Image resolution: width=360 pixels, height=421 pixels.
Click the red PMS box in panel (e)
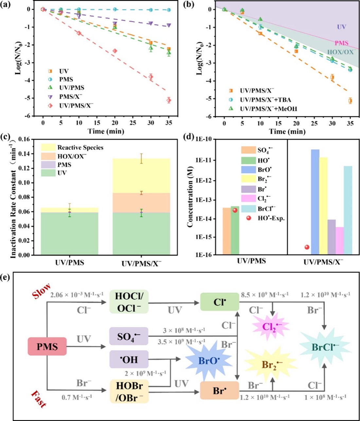coord(47,346)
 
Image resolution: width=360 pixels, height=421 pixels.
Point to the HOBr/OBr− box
coord(130,391)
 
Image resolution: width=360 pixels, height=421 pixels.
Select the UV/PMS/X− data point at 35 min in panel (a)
coord(169,100)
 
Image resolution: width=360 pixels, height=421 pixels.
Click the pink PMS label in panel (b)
coord(341,43)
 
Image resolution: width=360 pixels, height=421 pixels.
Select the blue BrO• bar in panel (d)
coord(315,202)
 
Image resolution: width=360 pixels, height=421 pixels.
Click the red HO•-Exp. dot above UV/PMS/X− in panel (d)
coord(307,247)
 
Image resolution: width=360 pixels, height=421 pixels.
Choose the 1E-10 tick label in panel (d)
coord(204,140)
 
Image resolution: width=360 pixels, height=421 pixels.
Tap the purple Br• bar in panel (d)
coord(332,237)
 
